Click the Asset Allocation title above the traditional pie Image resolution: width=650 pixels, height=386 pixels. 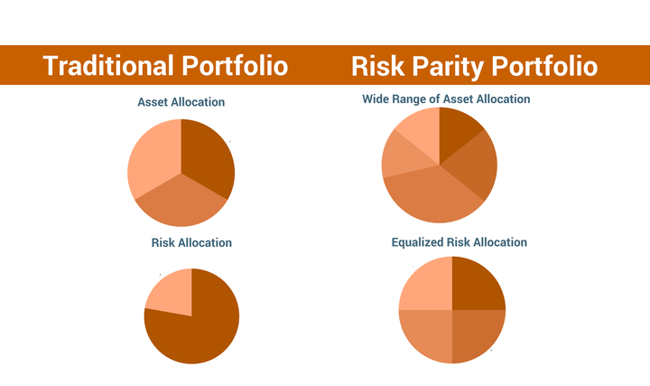(181, 102)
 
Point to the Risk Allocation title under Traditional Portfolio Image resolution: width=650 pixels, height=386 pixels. (191, 242)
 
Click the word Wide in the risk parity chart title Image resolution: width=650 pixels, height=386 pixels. (377, 99)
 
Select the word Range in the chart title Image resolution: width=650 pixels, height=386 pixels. (417, 99)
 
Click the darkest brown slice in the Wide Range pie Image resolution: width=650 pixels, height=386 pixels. (458, 132)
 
